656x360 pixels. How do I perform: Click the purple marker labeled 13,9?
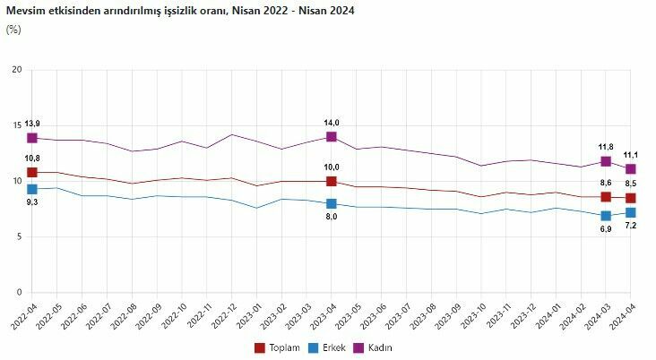pos(32,138)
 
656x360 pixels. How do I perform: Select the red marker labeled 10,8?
pos(32,172)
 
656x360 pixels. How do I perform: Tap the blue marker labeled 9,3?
pos(32,189)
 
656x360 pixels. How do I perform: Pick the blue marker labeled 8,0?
pos(332,203)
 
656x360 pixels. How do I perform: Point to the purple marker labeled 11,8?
pos(606,161)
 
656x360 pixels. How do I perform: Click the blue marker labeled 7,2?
pos(630,212)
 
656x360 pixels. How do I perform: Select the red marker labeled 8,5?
pos(630,198)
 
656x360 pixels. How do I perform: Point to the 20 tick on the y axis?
pos(15,70)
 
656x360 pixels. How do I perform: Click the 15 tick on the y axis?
pos(15,125)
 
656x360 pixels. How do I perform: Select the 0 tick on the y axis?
pos(18,293)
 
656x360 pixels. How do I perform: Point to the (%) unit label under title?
pos(13,29)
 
